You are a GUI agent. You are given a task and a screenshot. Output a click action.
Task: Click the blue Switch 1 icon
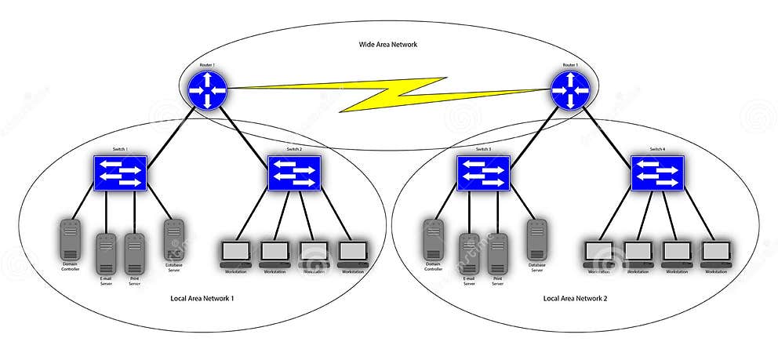tap(121, 172)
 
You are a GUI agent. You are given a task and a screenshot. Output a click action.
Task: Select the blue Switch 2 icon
tap(294, 172)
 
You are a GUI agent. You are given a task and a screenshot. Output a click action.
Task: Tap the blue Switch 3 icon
tap(483, 172)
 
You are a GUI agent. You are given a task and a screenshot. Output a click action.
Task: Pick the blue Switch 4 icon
tap(657, 172)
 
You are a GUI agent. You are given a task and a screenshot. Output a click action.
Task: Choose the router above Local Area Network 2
tap(569, 89)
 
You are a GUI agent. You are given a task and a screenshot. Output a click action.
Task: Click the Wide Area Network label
tap(383, 45)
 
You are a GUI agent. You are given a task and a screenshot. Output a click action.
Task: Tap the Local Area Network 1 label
tap(202, 299)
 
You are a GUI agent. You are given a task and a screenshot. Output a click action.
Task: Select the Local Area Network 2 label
tap(575, 299)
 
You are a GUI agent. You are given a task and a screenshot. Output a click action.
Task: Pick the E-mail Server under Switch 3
tap(469, 253)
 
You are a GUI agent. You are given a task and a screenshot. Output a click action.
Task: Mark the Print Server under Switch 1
tap(133, 253)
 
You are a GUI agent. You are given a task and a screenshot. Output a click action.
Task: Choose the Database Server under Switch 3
tap(536, 239)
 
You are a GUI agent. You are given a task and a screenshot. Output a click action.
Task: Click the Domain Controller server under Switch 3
tap(434, 239)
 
